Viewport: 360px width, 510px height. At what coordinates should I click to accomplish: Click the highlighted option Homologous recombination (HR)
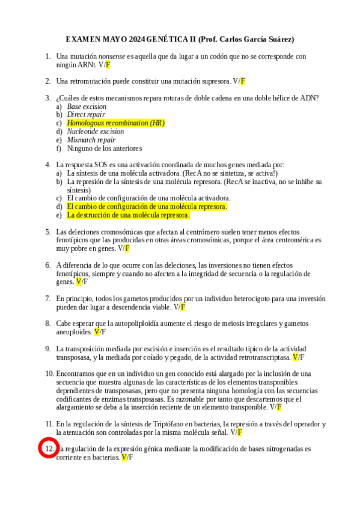coord(115,123)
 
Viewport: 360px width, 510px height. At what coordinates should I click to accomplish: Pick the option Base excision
coord(87,106)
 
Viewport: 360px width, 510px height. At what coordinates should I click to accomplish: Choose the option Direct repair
coord(86,114)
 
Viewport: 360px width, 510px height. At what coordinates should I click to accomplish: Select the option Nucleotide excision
coord(96,131)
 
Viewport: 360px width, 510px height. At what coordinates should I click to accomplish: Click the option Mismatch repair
coord(91,140)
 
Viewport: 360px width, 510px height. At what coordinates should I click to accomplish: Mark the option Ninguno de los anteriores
coord(104,148)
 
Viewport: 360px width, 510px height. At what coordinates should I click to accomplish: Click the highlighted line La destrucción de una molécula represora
coord(128,215)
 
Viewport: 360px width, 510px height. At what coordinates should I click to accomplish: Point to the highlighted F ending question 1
coord(108,64)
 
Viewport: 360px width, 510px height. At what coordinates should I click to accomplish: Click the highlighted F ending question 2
coord(243,81)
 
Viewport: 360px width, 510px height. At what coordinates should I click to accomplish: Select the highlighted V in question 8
coord(97,331)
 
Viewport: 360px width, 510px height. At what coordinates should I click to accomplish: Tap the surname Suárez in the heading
coord(280,40)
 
